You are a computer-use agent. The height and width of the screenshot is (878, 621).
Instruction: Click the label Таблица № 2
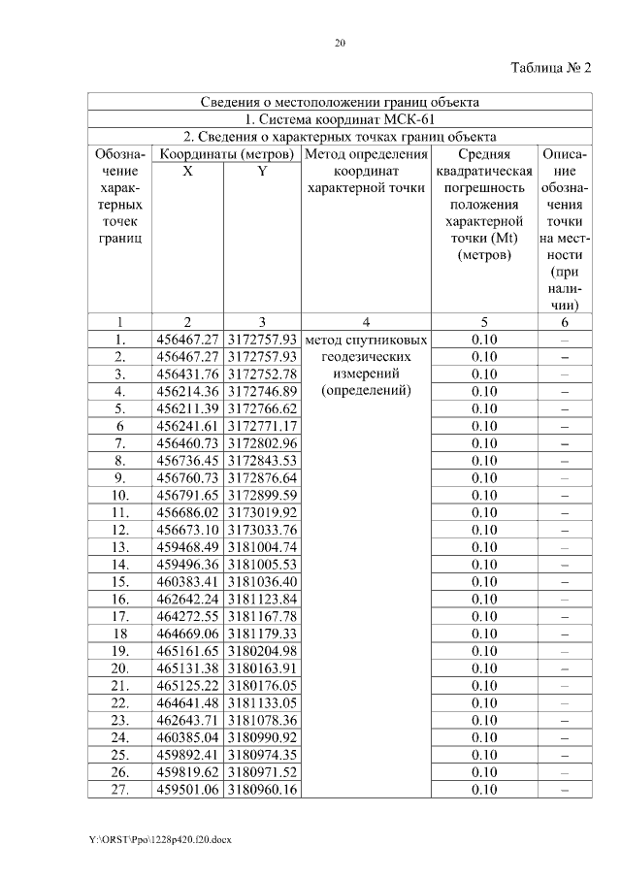click(x=550, y=68)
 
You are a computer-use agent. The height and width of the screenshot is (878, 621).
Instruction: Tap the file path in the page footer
click(x=159, y=838)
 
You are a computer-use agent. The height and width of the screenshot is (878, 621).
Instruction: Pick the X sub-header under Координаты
click(x=187, y=172)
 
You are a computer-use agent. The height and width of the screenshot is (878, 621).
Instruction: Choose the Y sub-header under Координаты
click(x=262, y=172)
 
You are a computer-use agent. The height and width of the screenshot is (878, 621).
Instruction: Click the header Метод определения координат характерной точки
click(x=366, y=172)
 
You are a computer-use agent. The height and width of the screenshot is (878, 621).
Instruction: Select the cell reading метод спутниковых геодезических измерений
click(x=366, y=366)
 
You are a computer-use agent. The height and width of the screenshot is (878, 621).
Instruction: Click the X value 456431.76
click(x=187, y=374)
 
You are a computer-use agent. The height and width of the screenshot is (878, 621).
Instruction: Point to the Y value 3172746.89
click(x=262, y=392)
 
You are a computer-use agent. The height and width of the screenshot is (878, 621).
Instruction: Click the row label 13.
click(x=120, y=547)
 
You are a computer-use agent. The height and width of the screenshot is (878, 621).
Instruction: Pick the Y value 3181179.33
click(x=262, y=634)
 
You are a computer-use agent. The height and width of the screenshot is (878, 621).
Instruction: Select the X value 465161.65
click(x=187, y=651)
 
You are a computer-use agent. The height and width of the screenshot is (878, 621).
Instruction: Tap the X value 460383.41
click(x=187, y=582)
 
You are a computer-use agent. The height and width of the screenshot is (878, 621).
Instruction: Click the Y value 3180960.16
click(x=262, y=789)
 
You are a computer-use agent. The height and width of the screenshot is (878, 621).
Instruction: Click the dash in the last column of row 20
click(x=564, y=668)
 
